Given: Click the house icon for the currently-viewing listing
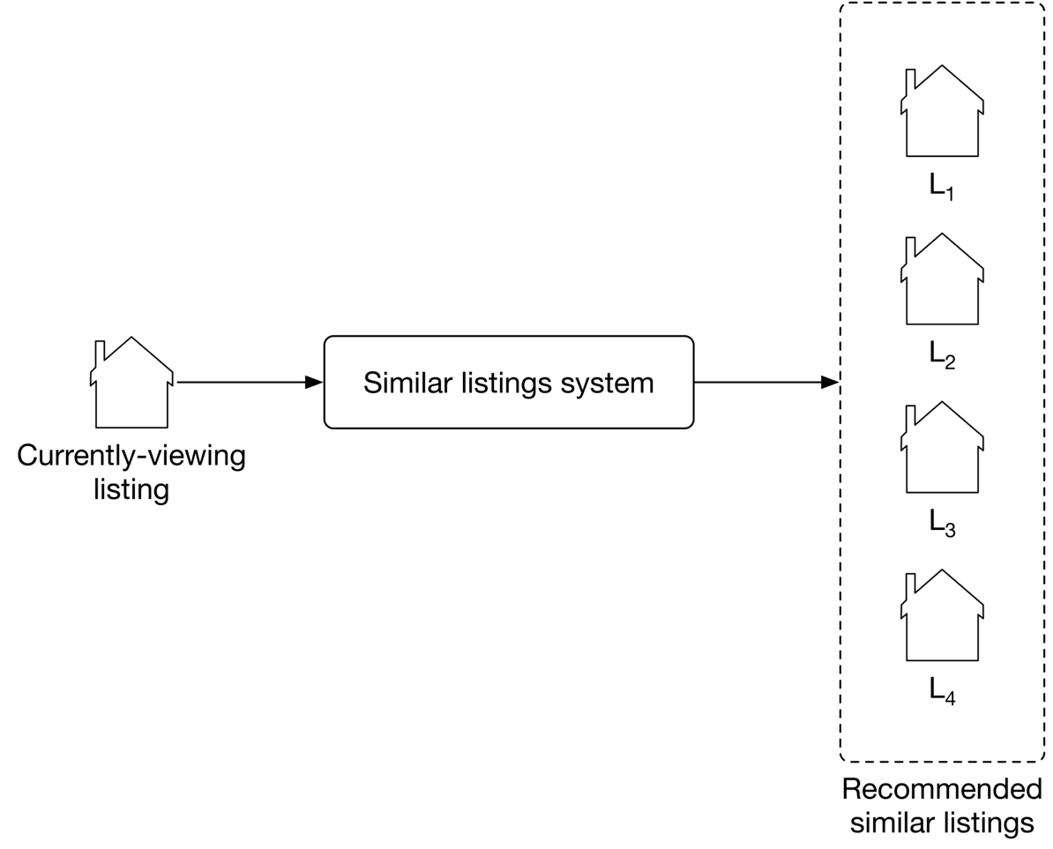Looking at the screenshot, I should coord(131,384).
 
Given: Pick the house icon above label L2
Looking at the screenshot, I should coord(942,281).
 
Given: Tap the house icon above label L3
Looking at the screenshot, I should coord(942,450).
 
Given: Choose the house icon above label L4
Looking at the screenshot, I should coord(942,617).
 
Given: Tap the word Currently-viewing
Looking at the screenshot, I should coord(131,457).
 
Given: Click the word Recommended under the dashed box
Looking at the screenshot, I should coord(942,789).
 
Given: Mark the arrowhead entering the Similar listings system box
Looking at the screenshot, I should coord(313,383).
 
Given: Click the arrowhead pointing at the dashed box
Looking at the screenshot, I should coord(829,383).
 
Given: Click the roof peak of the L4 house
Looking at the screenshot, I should coord(942,571).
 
